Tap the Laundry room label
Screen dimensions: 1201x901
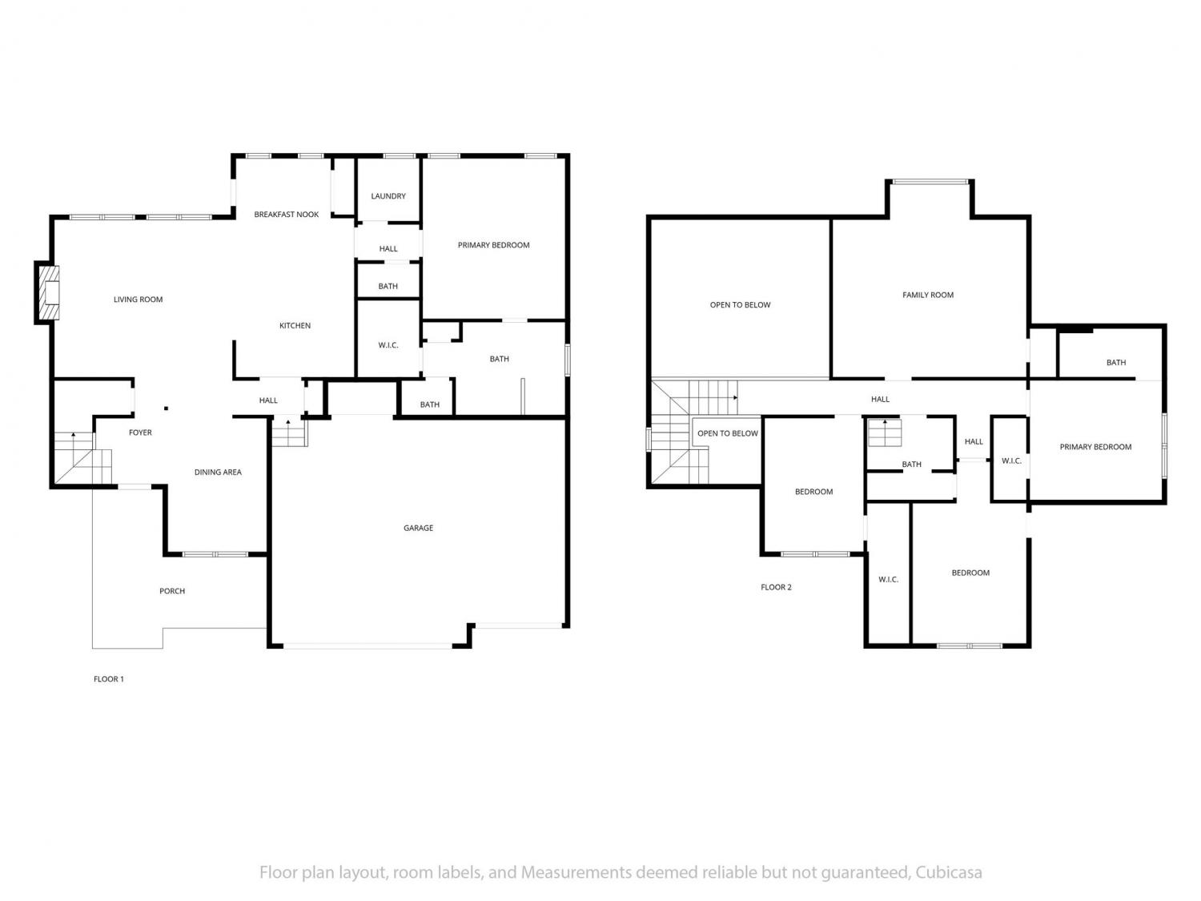pyautogui.click(x=388, y=196)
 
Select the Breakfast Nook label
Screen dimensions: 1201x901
pyautogui.click(x=286, y=215)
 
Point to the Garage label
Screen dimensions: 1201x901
pyautogui.click(x=418, y=528)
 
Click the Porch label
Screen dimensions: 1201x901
pyautogui.click(x=172, y=591)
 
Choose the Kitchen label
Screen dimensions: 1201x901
pyautogui.click(x=295, y=325)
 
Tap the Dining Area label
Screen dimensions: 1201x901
pyautogui.click(x=218, y=472)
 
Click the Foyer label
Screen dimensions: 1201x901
pyautogui.click(x=140, y=432)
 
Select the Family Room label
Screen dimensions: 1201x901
pyautogui.click(x=927, y=295)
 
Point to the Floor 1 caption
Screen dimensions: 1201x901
pyautogui.click(x=108, y=679)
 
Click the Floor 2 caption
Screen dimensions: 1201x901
pyautogui.click(x=776, y=587)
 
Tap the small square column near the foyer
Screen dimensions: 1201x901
pyautogui.click(x=166, y=408)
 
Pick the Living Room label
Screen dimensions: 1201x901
pyautogui.click(x=138, y=300)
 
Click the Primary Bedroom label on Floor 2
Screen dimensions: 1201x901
pyautogui.click(x=1095, y=447)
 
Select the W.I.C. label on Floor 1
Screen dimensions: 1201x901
pyautogui.click(x=388, y=345)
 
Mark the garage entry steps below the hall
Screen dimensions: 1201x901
pyautogui.click(x=290, y=433)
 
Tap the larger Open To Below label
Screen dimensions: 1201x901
pyautogui.click(x=740, y=304)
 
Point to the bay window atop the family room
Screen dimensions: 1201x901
pyautogui.click(x=929, y=182)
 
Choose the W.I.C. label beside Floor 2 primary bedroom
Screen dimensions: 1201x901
pyautogui.click(x=1011, y=461)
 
